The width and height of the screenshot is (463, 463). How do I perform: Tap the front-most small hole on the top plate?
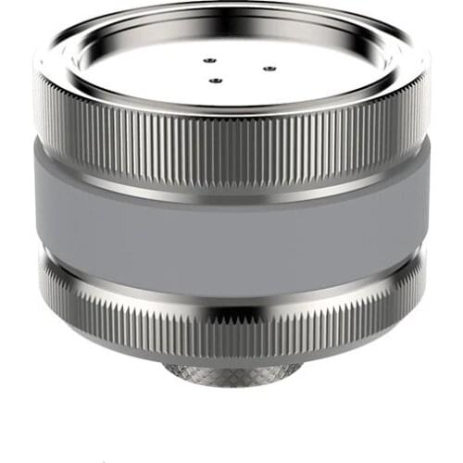pos(216,80)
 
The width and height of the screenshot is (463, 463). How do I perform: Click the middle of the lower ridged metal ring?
pos(231,319)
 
